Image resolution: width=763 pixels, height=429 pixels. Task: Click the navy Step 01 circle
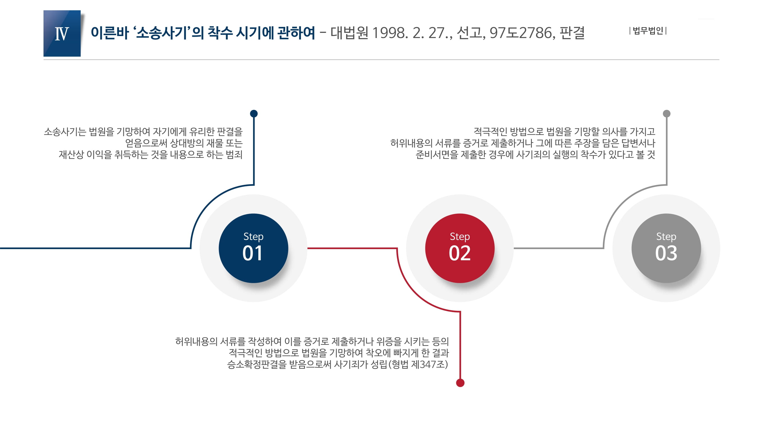click(x=253, y=248)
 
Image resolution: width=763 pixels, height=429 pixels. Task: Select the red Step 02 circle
click(x=460, y=248)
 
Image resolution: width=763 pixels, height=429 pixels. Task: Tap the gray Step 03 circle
click(x=666, y=248)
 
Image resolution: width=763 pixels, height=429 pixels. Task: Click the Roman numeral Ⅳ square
click(x=62, y=33)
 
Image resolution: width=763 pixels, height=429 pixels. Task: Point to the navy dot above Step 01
click(x=254, y=114)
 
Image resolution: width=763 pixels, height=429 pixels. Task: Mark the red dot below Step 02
click(x=460, y=383)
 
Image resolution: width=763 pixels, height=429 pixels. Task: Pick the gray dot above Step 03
click(x=666, y=114)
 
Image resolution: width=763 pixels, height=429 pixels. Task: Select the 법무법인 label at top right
click(x=648, y=31)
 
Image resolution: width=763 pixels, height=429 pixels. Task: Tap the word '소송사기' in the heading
click(x=161, y=33)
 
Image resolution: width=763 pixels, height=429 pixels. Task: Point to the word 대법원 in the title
click(x=349, y=33)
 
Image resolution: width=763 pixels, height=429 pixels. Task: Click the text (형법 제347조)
click(x=418, y=364)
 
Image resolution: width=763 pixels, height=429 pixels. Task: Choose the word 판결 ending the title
click(x=572, y=33)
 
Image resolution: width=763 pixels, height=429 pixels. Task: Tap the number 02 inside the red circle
click(x=460, y=253)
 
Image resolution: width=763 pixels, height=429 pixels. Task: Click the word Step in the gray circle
click(x=666, y=237)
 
